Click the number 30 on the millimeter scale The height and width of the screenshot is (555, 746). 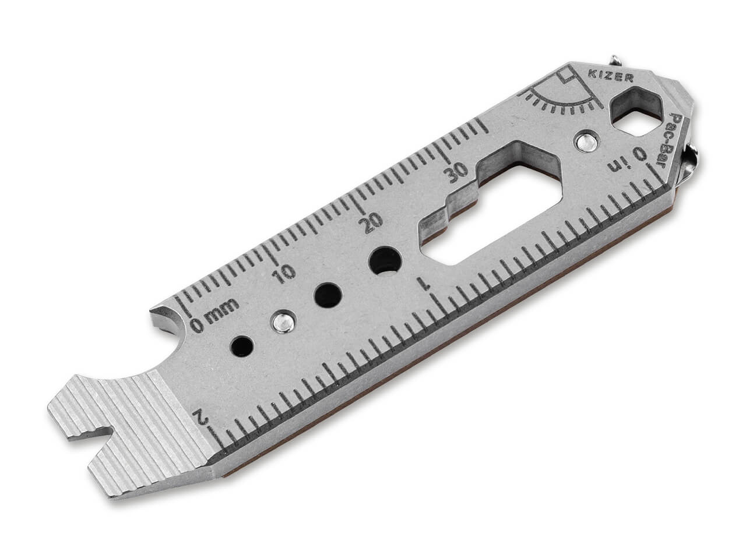click(455, 173)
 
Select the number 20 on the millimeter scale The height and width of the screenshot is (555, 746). click(370, 222)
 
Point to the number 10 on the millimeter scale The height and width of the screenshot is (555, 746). click(283, 273)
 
